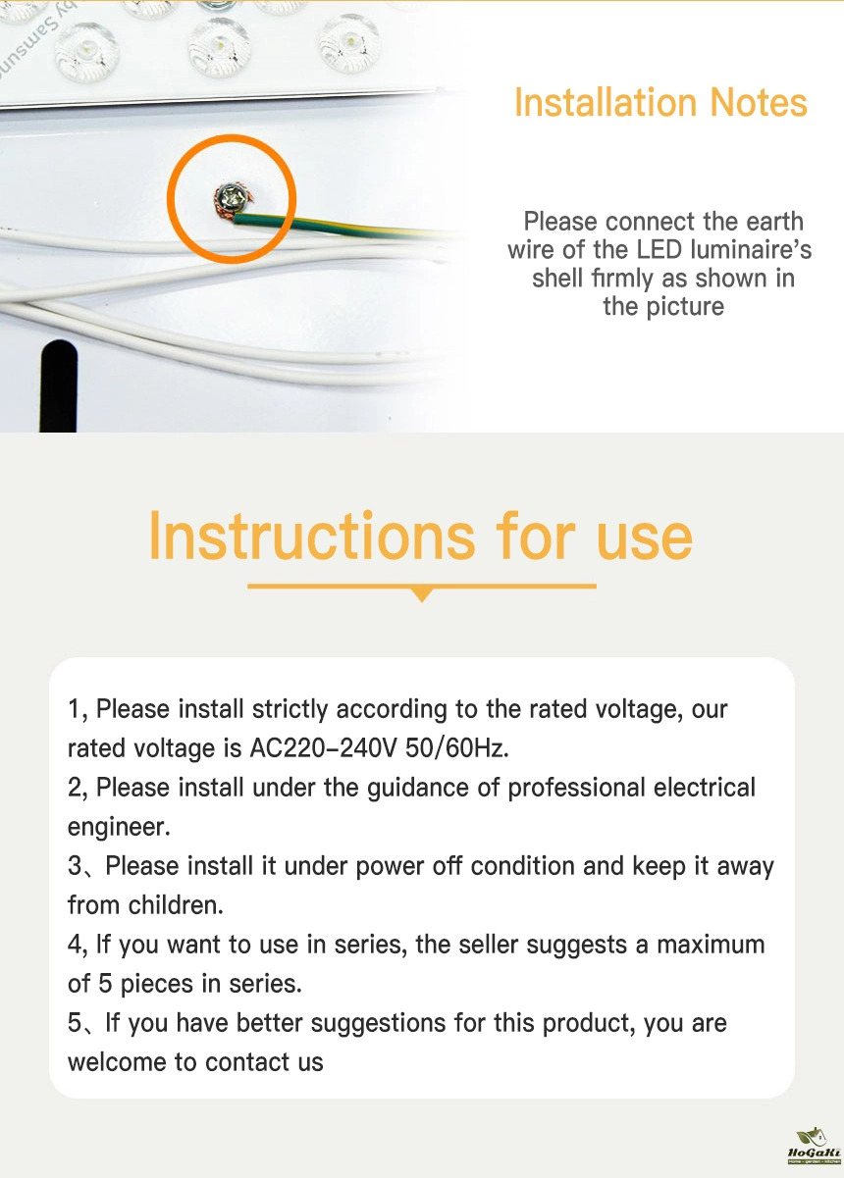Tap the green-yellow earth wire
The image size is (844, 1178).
(x=347, y=227)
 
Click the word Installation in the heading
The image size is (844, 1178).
(x=607, y=103)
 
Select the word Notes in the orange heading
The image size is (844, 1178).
(x=759, y=103)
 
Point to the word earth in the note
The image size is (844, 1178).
(x=774, y=222)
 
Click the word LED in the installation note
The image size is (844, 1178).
(x=659, y=250)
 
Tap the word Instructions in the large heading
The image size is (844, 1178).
(x=312, y=537)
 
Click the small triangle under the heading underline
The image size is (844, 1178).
(x=421, y=594)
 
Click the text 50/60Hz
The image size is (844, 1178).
(x=456, y=747)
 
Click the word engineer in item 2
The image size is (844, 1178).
(x=119, y=827)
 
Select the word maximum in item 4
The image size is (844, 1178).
(x=711, y=945)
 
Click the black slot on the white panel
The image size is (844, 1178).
(x=59, y=385)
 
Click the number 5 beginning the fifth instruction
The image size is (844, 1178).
(x=75, y=1023)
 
